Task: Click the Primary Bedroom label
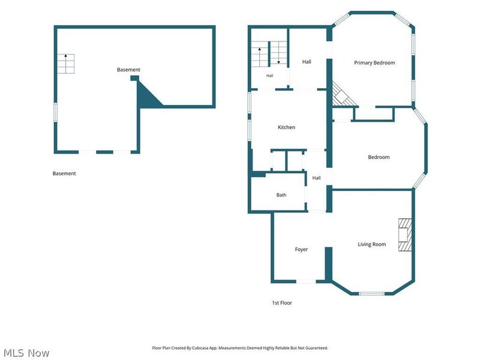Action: [374, 63]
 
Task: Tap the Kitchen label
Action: [286, 127]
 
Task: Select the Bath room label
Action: [281, 194]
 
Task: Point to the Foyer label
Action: [301, 249]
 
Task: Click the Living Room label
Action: [371, 244]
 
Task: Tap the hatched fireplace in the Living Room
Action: [404, 235]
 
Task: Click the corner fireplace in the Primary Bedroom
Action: [342, 95]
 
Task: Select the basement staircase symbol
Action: [65, 64]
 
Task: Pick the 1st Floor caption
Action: [282, 303]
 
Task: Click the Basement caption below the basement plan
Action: [64, 173]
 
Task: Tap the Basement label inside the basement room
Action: [128, 70]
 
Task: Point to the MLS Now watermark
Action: [26, 353]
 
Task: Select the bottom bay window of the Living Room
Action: [371, 293]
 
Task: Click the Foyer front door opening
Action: [306, 281]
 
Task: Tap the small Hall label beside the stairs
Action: [269, 76]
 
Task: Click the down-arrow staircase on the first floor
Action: [279, 53]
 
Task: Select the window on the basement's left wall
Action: [55, 113]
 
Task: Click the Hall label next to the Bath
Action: [316, 178]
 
